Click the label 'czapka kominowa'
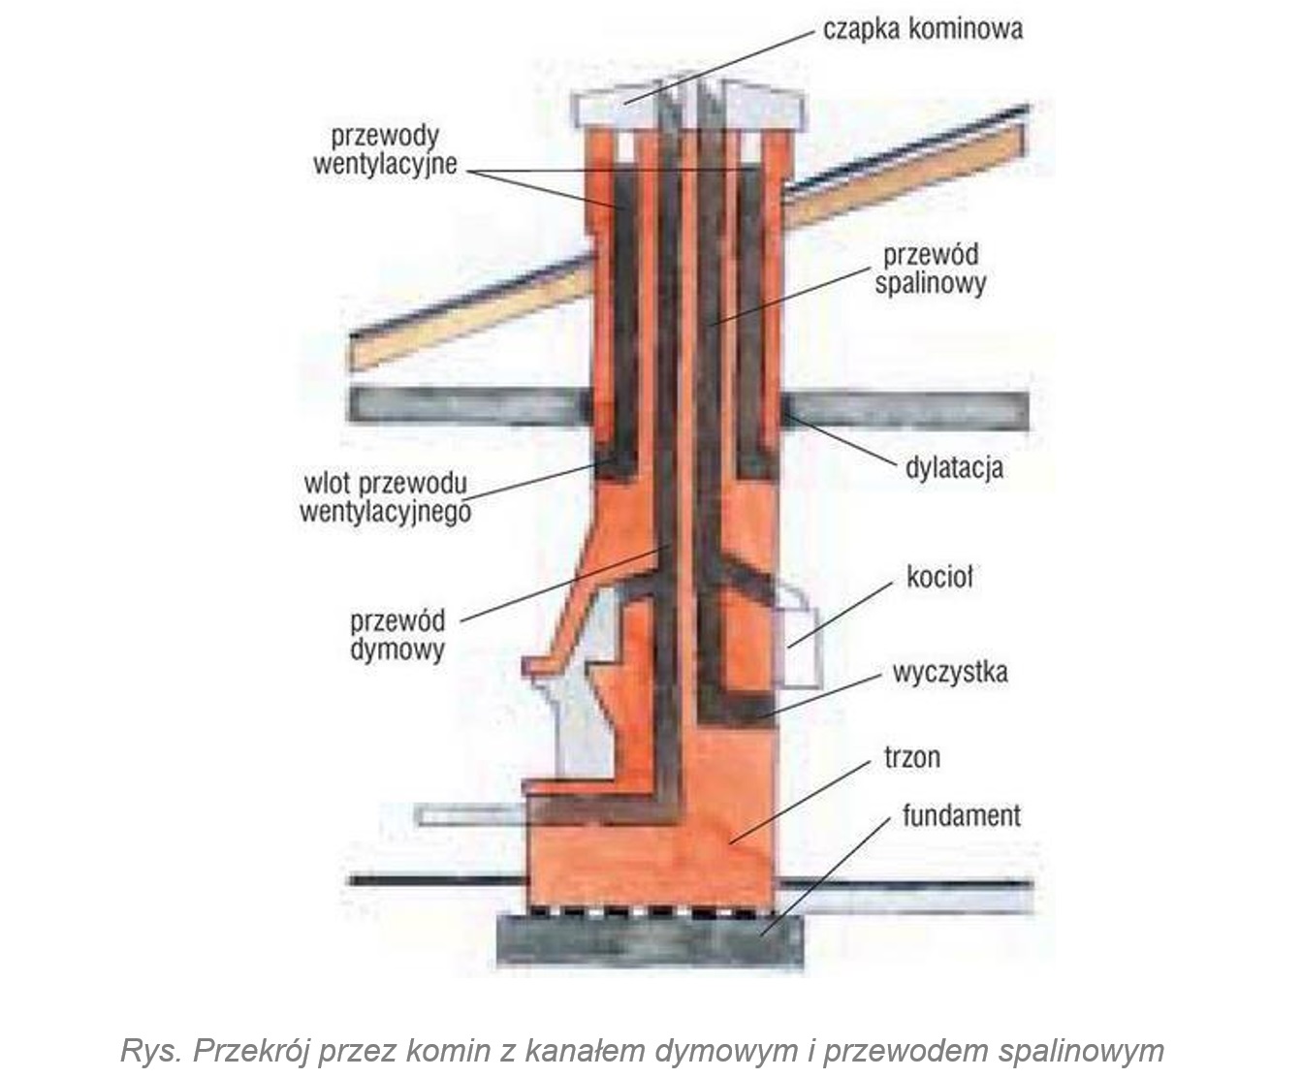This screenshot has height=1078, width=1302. [922, 28]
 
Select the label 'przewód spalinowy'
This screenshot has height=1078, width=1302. [930, 269]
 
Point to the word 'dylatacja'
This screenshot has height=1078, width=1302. [954, 468]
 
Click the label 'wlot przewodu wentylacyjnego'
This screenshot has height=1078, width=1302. [385, 496]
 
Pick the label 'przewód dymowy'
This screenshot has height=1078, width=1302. [397, 634]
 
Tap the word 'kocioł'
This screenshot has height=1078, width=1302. [938, 578]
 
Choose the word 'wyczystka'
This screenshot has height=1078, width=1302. [950, 672]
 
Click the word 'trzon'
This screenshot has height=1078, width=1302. [911, 756]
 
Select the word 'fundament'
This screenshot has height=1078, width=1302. [961, 815]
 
